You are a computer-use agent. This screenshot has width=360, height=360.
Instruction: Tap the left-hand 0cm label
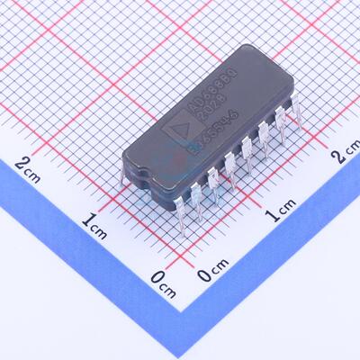(162, 284)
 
